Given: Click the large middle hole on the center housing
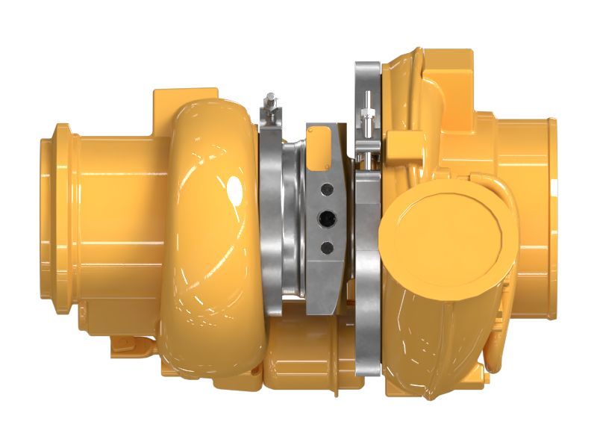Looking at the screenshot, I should [x=326, y=218].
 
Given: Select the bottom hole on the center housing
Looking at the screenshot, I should [x=326, y=247].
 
